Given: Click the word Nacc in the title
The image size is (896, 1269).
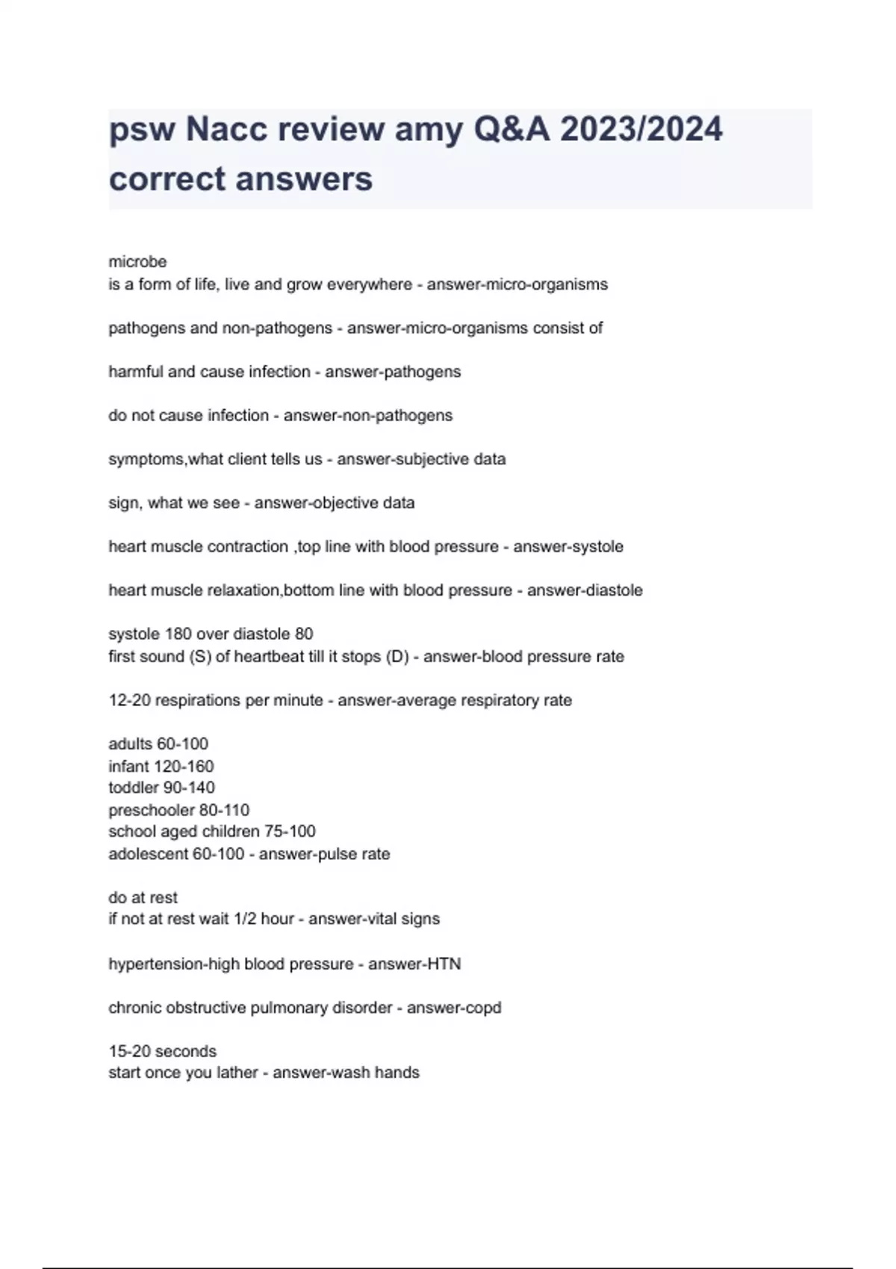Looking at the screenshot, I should click(226, 129).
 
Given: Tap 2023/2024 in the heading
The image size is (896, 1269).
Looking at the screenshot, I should click(641, 129).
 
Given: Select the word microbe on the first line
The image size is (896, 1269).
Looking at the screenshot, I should click(137, 262).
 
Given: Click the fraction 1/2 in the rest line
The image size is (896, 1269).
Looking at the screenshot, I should click(244, 919).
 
